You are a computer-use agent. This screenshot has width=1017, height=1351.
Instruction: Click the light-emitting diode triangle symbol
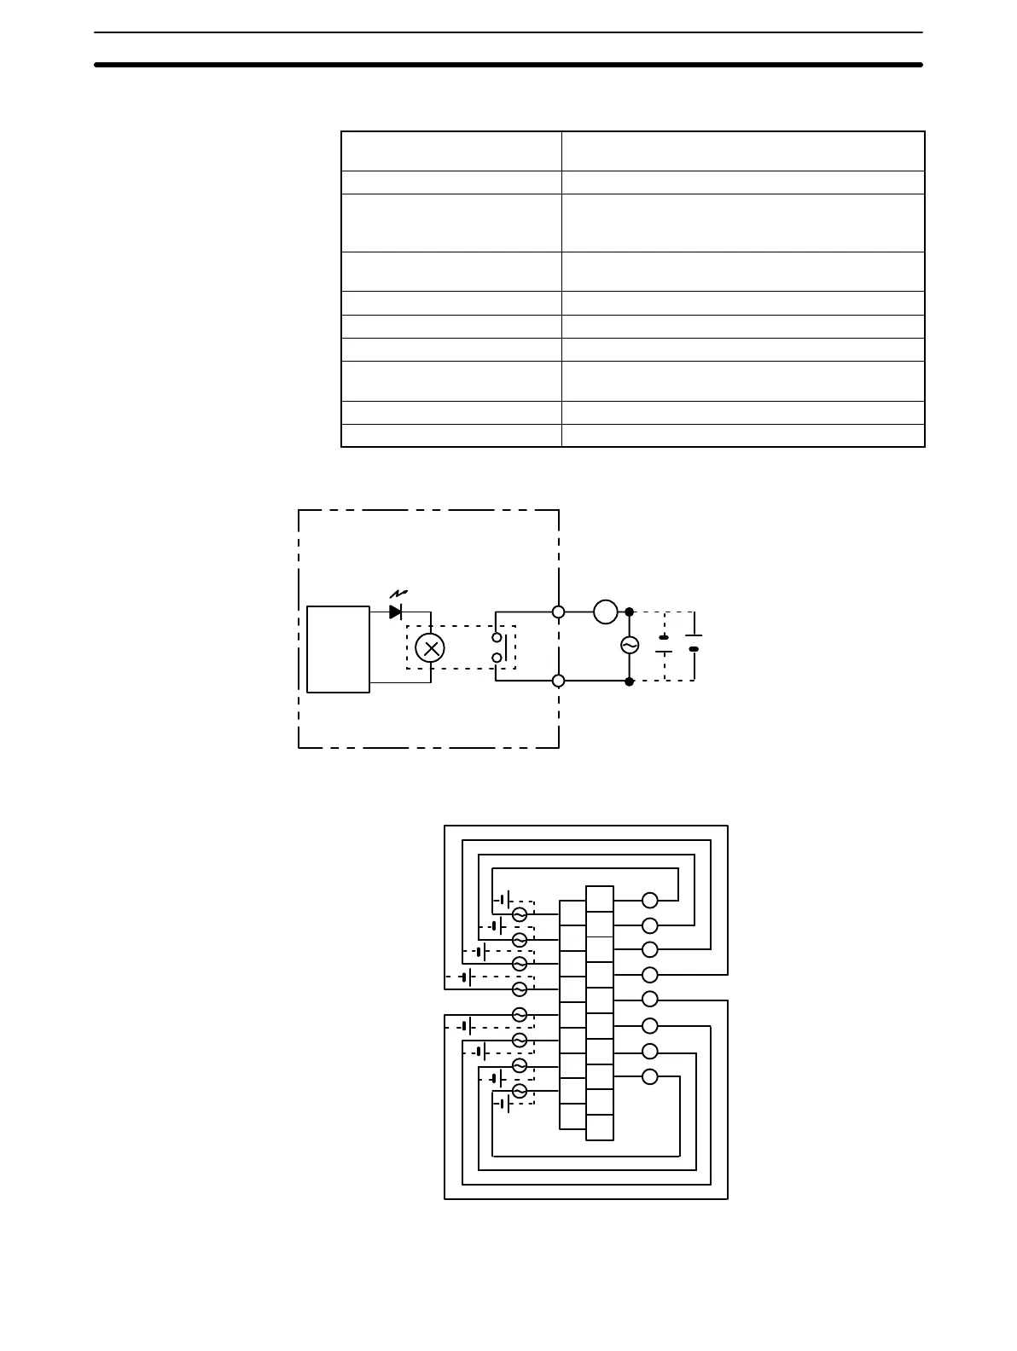(x=395, y=612)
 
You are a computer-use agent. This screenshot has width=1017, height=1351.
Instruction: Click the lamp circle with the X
(x=429, y=648)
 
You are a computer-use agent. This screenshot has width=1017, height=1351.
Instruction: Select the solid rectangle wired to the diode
(x=338, y=649)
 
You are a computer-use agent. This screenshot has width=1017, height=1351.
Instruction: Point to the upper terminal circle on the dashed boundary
(x=559, y=612)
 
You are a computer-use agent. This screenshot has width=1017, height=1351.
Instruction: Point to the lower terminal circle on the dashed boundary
(x=559, y=680)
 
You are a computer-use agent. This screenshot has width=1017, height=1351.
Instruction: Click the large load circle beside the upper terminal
(x=605, y=611)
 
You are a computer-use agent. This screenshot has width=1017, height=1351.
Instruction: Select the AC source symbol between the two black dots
(x=629, y=646)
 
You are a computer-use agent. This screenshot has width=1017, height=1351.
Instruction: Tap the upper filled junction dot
(x=629, y=612)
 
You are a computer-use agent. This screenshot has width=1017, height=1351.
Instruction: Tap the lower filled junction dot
(x=629, y=681)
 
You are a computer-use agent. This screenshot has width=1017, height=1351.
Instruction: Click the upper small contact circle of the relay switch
(x=497, y=638)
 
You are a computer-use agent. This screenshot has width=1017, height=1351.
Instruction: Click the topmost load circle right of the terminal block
(x=650, y=900)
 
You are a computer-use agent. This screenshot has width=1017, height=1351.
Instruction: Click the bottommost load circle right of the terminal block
(x=650, y=1076)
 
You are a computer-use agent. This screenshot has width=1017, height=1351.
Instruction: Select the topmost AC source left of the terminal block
(x=519, y=914)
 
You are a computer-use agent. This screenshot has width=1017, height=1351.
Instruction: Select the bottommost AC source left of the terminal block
(x=519, y=1092)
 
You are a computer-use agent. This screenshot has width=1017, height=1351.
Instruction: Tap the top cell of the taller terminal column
(x=600, y=899)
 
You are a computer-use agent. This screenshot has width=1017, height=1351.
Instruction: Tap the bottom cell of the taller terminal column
(x=600, y=1127)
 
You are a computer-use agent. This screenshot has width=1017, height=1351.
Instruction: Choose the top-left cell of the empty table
(x=450, y=151)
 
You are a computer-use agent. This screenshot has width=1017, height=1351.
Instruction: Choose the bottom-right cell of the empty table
(x=742, y=435)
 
